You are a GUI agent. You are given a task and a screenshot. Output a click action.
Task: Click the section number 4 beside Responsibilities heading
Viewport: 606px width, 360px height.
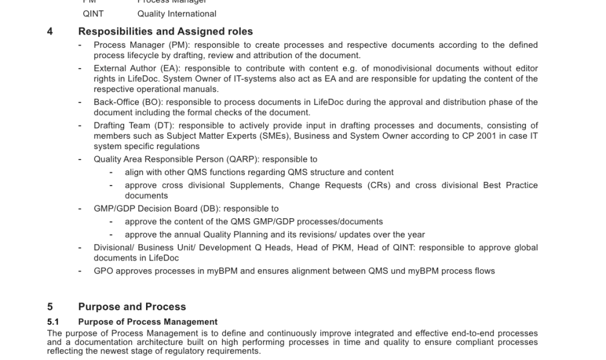click(50, 32)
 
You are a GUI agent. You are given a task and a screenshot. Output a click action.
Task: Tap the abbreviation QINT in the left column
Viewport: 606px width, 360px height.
click(93, 13)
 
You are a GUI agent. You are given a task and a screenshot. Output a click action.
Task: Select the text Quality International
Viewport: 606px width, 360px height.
click(176, 13)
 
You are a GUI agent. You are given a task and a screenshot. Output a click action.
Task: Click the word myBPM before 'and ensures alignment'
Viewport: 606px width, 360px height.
click(218, 271)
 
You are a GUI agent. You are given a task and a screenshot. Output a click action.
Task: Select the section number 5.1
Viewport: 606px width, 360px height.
click(53, 322)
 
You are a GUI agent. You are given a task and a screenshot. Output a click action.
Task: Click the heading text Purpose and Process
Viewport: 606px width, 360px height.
click(132, 307)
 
